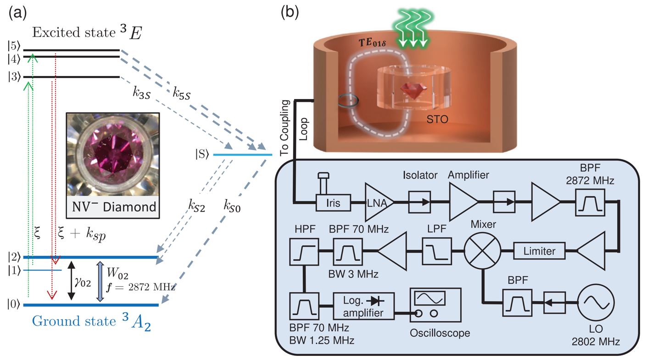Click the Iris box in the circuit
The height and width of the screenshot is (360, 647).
(x=334, y=203)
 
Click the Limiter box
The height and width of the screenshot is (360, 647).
(x=536, y=251)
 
